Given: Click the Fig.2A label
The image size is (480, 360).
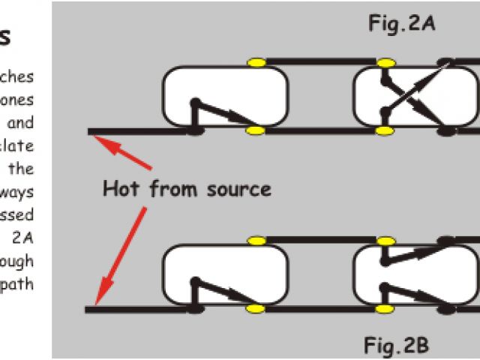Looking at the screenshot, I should point(402,23).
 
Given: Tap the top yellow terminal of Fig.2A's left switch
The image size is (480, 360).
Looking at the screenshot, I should point(256,61).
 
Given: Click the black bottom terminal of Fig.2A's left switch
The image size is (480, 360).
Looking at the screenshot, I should point(194,130).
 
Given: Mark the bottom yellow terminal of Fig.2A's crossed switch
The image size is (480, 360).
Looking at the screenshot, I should point(385,130).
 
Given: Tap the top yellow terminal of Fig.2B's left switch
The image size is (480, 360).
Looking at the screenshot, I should point(256,240).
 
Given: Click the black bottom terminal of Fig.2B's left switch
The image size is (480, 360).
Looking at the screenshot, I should point(194,308).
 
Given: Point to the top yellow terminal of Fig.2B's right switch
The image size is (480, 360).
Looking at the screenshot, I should point(385,240).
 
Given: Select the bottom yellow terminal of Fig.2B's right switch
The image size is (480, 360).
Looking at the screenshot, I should point(385,308).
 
